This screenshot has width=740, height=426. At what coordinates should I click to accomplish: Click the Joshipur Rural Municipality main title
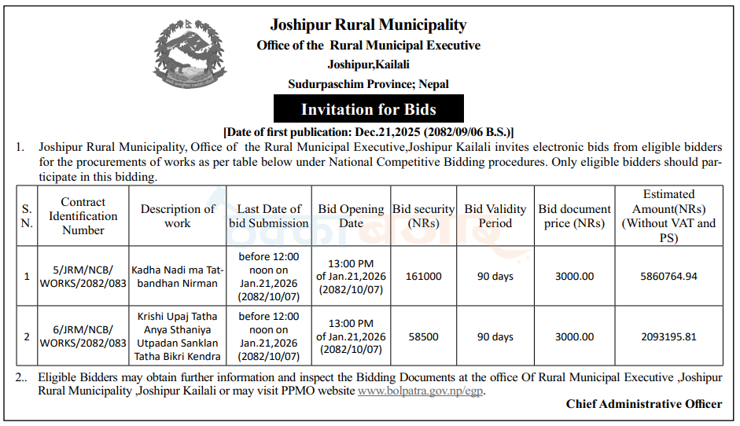pyautogui.click(x=368, y=25)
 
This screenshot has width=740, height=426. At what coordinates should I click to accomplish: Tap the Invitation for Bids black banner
pyautogui.click(x=368, y=108)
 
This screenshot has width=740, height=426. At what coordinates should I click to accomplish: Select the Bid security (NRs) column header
pyautogui.click(x=423, y=216)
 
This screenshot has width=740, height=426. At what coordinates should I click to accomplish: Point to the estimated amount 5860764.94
pyautogui.click(x=668, y=276)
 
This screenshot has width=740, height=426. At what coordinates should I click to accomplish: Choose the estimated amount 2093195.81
pyautogui.click(x=668, y=336)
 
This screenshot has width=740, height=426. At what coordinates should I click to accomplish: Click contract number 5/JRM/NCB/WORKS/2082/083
pyautogui.click(x=83, y=276)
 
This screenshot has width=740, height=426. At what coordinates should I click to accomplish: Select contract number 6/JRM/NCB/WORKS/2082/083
pyautogui.click(x=83, y=336)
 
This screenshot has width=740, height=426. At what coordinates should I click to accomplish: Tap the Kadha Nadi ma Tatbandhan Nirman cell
pyautogui.click(x=177, y=276)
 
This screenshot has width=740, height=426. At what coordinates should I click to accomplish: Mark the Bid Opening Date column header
pyautogui.click(x=351, y=216)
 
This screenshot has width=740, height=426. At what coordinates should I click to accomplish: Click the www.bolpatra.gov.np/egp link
pyautogui.click(x=421, y=391)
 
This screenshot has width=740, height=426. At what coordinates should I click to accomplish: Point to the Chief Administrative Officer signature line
pyautogui.click(x=643, y=404)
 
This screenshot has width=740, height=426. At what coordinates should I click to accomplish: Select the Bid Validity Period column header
pyautogui.click(x=495, y=216)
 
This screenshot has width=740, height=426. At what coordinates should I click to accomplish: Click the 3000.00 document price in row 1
pyautogui.click(x=574, y=276)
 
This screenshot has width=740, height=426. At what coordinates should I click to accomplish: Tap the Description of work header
pyautogui.click(x=177, y=216)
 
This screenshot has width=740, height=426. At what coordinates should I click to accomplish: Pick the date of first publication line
pyautogui.click(x=368, y=131)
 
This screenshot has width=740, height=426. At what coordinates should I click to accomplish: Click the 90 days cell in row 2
pyautogui.click(x=495, y=336)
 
